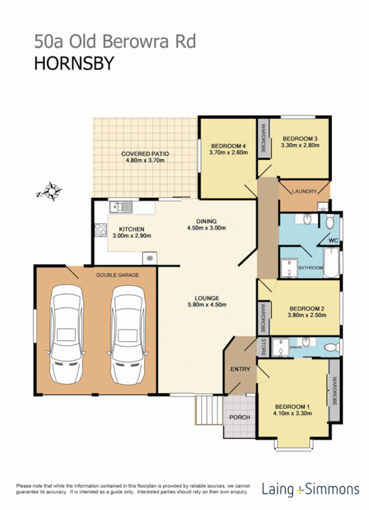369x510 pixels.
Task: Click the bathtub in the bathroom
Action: [330, 262]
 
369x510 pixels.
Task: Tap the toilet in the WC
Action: [330, 222]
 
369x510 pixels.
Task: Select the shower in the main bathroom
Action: [289, 267]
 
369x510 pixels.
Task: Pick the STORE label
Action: [263, 347]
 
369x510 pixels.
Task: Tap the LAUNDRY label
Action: [304, 191]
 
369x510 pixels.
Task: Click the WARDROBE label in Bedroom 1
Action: [334, 391]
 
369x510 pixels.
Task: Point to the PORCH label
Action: [239, 417]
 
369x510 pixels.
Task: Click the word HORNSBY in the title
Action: [71, 63]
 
